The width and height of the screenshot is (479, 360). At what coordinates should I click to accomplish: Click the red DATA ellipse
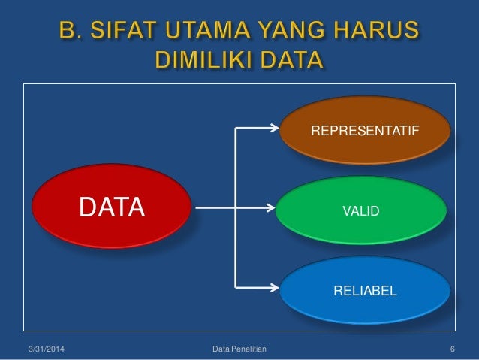[x=113, y=205]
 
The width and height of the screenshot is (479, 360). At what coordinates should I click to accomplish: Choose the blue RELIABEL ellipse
[x=365, y=289]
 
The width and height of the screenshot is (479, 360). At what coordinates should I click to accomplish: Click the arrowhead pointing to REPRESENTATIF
[x=273, y=128]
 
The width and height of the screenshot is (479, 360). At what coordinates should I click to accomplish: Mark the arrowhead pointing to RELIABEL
[x=273, y=286]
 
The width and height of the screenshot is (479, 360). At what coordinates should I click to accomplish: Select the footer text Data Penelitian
[x=233, y=349]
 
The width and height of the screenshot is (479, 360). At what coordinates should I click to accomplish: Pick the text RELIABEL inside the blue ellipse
[x=365, y=289]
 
